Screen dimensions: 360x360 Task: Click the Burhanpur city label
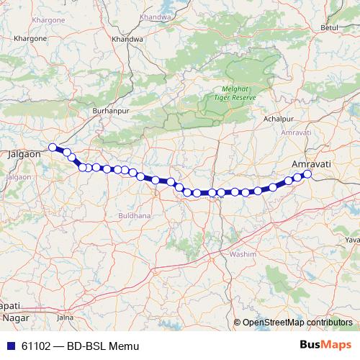coord(109,111)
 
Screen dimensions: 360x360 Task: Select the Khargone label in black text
coord(30,37)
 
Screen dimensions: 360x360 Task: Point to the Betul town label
coord(329,27)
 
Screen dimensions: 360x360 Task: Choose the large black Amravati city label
coord(310,164)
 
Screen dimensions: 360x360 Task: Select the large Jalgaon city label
coord(25,153)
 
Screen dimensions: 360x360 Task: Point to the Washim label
coord(243,255)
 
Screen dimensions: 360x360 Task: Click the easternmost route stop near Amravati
coord(307,174)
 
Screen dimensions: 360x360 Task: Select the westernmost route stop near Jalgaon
coord(52,148)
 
